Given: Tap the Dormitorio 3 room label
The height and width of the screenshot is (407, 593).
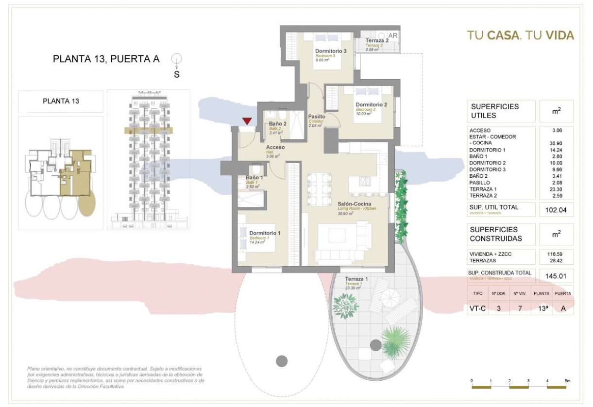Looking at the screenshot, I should pyautogui.click(x=330, y=51).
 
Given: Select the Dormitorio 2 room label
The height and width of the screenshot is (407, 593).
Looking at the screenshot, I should pyautogui.click(x=371, y=104).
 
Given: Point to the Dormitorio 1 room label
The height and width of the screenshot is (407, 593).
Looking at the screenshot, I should pyautogui.click(x=265, y=233).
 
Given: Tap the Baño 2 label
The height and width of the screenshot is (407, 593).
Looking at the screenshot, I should pyautogui.click(x=277, y=124).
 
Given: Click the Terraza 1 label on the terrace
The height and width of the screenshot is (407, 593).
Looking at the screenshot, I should pyautogui.click(x=356, y=279).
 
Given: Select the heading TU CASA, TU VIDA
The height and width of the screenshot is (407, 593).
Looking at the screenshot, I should pyautogui.click(x=520, y=35).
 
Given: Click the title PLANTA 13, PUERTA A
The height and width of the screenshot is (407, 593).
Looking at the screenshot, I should pyautogui.click(x=106, y=60).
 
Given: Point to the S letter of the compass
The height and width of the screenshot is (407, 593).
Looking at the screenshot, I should pyautogui.click(x=177, y=75).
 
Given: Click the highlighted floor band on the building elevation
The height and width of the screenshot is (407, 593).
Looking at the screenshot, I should pyautogui.click(x=148, y=130).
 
